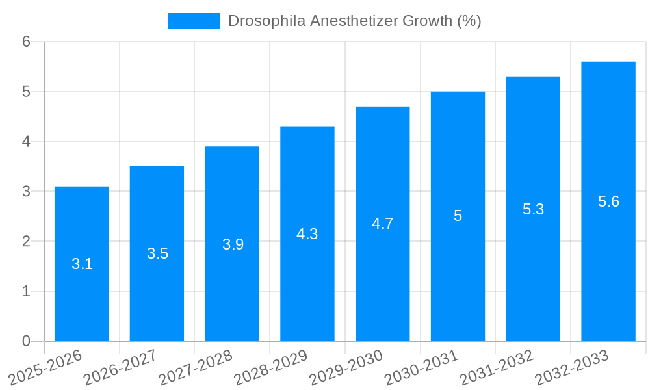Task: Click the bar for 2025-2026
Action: pos(81,263)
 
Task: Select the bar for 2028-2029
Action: pos(307,233)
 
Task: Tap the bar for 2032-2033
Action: pos(608,201)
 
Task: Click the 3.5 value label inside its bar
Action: pos(157,253)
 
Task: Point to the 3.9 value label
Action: pos(233,244)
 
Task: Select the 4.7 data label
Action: pos(382,224)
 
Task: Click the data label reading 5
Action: pos(458,216)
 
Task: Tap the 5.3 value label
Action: pos(533,209)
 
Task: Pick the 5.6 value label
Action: pos(608,201)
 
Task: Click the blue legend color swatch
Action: pos(194,21)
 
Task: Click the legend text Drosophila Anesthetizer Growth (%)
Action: pos(354,21)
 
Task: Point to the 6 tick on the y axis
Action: pos(27,42)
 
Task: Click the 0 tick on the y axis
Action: pos(27,341)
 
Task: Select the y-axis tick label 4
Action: pos(27,142)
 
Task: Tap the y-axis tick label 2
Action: pos(27,242)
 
